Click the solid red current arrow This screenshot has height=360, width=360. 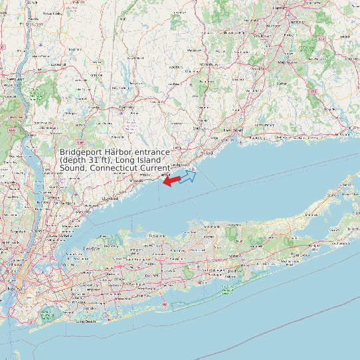[171, 180]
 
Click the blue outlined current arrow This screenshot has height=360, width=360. [188, 175]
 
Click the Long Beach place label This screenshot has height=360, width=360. [86, 321]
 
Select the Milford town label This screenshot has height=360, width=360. [205, 152]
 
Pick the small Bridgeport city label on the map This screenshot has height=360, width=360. [180, 164]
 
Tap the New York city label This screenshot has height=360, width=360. [13, 290]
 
